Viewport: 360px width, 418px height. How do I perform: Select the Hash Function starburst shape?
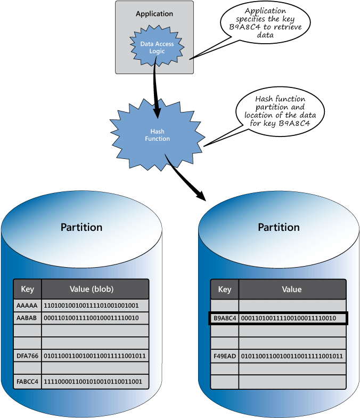click(158, 135)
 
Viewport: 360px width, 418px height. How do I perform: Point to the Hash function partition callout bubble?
click(280, 111)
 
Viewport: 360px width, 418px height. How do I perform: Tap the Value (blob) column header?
click(95, 289)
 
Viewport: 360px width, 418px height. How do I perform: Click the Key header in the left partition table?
click(27, 289)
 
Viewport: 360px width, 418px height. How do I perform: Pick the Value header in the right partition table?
click(292, 289)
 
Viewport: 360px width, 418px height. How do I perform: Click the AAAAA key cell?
click(27, 306)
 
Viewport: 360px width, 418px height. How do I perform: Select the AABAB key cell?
click(27, 318)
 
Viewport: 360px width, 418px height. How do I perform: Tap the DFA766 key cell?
click(27, 355)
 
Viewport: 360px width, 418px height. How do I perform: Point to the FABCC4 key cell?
click(27, 381)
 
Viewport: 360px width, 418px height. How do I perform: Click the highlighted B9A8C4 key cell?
click(225, 318)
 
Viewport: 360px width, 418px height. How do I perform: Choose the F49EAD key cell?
click(225, 356)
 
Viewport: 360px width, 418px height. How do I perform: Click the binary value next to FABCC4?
click(93, 381)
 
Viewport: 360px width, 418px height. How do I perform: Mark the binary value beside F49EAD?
click(292, 356)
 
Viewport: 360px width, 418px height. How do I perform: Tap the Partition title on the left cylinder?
click(81, 227)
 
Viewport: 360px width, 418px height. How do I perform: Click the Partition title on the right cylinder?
click(279, 227)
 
